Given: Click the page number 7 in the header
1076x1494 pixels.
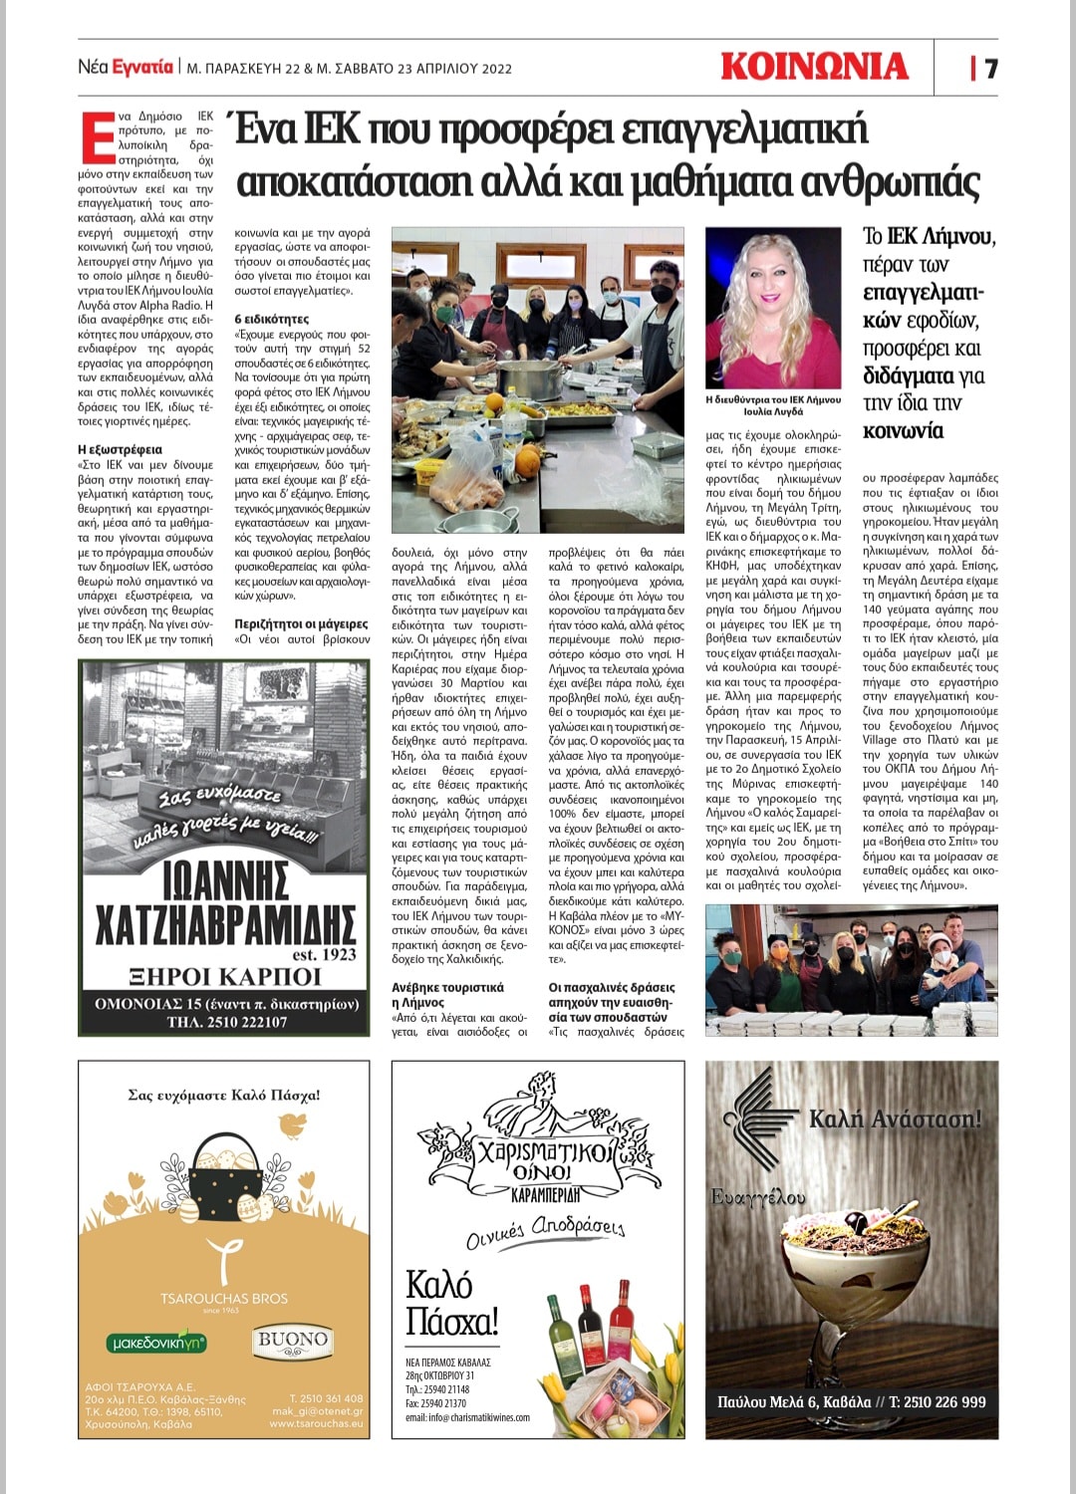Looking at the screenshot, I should [990, 68].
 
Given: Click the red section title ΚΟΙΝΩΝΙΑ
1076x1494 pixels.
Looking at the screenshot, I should [814, 67].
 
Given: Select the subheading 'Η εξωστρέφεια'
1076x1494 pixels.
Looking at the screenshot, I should [120, 449].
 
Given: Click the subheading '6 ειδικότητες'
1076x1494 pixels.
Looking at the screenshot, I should [272, 319].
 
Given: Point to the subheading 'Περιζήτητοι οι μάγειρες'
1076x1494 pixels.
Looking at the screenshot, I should [301, 623].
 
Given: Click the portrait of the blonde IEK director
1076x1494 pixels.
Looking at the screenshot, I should [773, 308].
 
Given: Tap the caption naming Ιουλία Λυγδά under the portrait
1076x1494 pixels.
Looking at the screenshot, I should [773, 405].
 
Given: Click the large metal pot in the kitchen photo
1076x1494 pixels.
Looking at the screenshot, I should [528, 379].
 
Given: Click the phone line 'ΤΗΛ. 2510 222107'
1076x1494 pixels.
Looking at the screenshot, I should [226, 1022].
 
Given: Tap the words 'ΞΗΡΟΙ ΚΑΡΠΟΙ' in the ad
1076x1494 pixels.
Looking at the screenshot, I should [225, 976].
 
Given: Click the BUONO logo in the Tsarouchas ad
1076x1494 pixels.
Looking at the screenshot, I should [292, 1340].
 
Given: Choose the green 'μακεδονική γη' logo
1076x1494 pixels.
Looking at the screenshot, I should [157, 1343].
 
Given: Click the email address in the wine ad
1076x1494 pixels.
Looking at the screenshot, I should [467, 1417].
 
